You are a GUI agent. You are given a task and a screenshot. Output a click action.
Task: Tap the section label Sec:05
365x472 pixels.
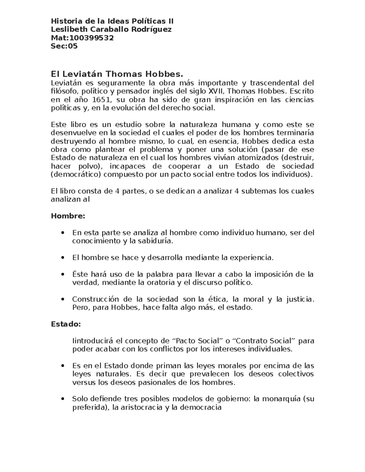(64, 46)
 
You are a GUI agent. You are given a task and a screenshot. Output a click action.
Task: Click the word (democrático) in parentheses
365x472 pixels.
(76, 174)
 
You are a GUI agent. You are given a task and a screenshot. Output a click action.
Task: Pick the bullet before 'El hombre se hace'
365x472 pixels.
(63, 258)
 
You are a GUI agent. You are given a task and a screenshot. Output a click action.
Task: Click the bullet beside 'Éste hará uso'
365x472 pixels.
(63, 274)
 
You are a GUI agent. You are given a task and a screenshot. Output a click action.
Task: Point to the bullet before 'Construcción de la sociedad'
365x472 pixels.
(63, 299)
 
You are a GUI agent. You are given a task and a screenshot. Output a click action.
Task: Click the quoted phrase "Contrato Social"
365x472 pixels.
(264, 341)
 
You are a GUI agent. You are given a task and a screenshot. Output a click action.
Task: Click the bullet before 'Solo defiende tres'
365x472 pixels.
(63, 399)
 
